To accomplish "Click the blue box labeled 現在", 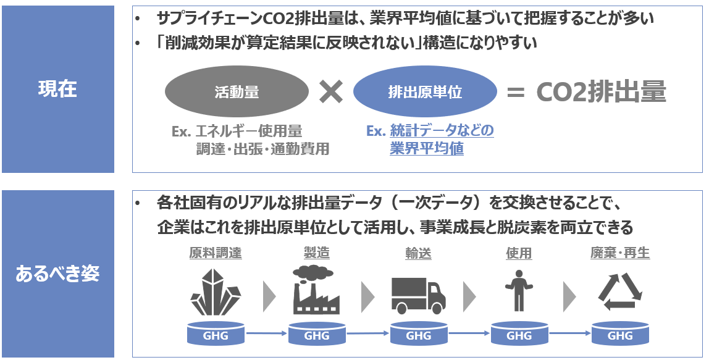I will click(57, 89).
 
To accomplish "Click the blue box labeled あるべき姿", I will click(57, 274).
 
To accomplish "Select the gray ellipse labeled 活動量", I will click(237, 92).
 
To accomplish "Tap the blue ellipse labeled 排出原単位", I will click(425, 92).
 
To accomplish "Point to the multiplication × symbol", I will click(331, 92).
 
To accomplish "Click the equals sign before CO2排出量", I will click(515, 93).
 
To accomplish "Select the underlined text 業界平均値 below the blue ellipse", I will click(427, 149).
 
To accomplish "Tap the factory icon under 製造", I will click(316, 290).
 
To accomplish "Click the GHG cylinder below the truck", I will click(418, 335).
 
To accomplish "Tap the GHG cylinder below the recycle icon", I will click(620, 335).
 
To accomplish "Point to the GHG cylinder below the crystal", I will click(215, 335).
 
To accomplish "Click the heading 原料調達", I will click(215, 253).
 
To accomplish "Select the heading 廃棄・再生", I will click(620, 253).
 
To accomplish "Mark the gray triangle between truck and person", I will click(469, 296).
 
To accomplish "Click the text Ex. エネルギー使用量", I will click(237, 131).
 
